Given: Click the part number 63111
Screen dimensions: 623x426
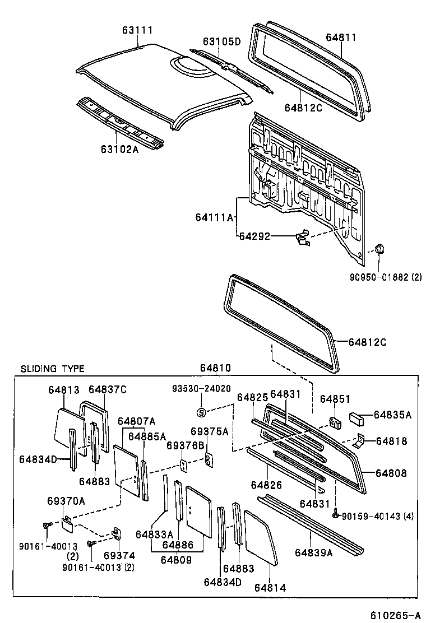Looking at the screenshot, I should coord(137,30).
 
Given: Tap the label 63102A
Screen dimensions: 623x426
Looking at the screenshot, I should coord(119,149).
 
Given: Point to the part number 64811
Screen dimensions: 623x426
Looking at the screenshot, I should coord(341,38).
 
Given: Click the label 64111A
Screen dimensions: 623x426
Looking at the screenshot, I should coord(214,216).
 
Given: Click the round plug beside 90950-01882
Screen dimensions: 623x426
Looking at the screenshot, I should coord(379,248).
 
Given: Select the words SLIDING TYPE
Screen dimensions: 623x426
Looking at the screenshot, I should coord(53,369).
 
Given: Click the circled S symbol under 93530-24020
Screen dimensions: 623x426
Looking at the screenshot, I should coord(202,412).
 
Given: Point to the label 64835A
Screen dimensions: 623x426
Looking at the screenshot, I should coord(392,415).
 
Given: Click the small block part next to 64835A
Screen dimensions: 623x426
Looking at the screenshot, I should coord(357,417).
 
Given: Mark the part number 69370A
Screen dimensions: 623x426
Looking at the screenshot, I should coord(66,500).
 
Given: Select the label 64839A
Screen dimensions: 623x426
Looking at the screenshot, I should coord(313,552).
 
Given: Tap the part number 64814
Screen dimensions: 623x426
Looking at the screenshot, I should coord(270,587).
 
